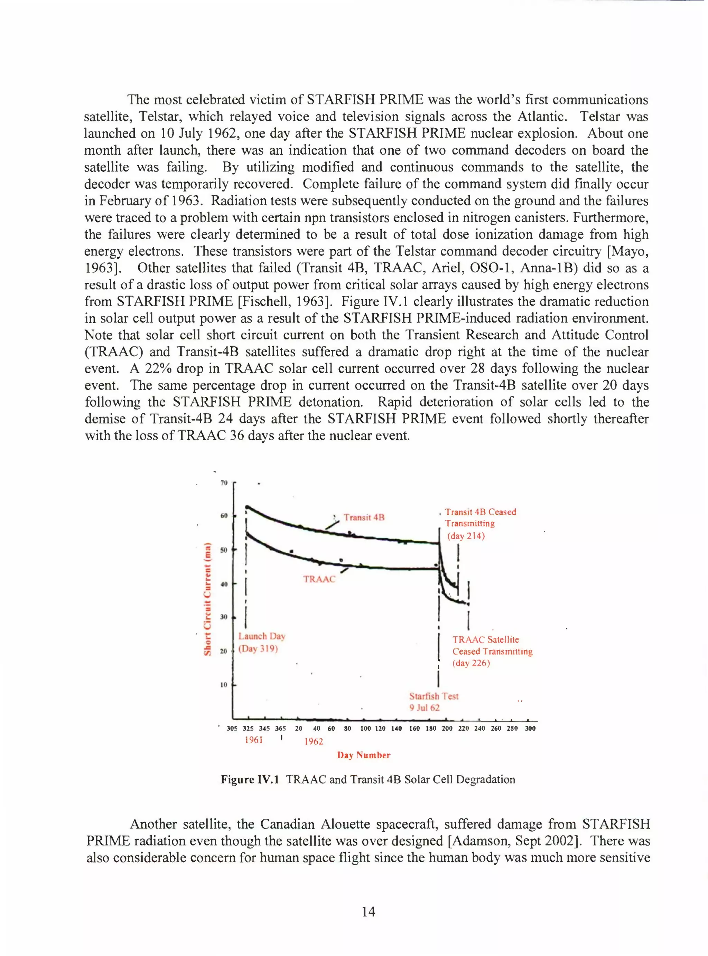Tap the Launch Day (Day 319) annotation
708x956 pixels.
pyautogui.click(x=261, y=642)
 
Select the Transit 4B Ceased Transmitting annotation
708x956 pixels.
pyautogui.click(x=480, y=523)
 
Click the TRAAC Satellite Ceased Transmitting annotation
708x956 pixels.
pyautogui.click(x=492, y=652)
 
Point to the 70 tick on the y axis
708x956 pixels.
pyautogui.click(x=223, y=483)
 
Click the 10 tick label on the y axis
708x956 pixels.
pyautogui.click(x=223, y=685)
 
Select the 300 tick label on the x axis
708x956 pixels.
pyautogui.click(x=530, y=729)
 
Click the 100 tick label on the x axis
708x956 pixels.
pyautogui.click(x=365, y=729)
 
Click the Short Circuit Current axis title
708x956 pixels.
pyautogui.click(x=207, y=599)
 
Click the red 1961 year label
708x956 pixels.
pyautogui.click(x=254, y=740)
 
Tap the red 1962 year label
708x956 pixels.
pyautogui.click(x=314, y=741)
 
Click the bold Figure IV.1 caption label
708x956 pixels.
pyautogui.click(x=250, y=779)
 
